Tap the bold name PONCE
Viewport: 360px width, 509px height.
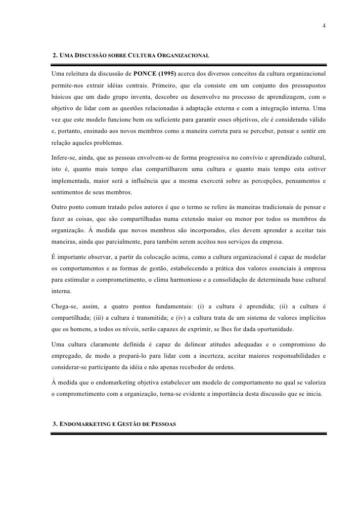point(145,74)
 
